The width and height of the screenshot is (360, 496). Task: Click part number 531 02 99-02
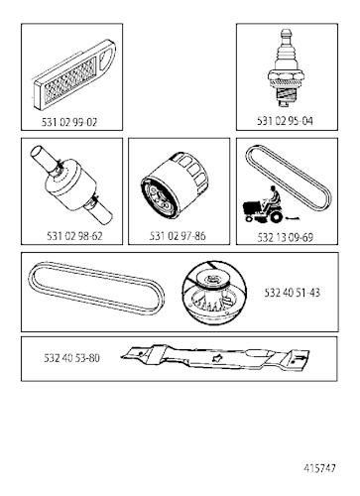click(x=69, y=122)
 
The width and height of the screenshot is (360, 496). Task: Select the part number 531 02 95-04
click(x=285, y=121)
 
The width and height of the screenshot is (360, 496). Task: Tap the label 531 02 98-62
click(x=74, y=236)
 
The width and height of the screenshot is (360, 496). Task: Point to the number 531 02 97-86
click(x=178, y=236)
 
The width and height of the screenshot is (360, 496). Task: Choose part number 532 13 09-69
click(x=285, y=237)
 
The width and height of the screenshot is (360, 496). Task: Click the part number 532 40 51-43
click(x=292, y=293)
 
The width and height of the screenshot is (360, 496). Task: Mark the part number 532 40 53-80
click(x=71, y=358)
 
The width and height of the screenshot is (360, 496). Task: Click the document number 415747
click(x=319, y=468)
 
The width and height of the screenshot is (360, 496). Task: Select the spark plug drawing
click(x=286, y=68)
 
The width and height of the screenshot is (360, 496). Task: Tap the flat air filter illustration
click(x=74, y=75)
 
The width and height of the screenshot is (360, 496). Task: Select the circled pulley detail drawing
click(x=214, y=293)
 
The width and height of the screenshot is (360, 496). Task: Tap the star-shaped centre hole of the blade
click(x=217, y=357)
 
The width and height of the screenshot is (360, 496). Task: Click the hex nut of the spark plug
click(x=286, y=78)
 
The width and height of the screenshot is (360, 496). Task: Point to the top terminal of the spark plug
click(x=286, y=36)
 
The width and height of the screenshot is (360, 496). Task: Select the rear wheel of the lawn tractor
click(x=277, y=216)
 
